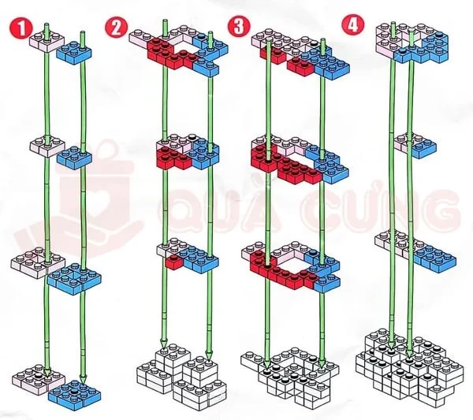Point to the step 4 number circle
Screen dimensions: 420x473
coord(351,24)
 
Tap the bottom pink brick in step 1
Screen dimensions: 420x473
coord(33,376)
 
